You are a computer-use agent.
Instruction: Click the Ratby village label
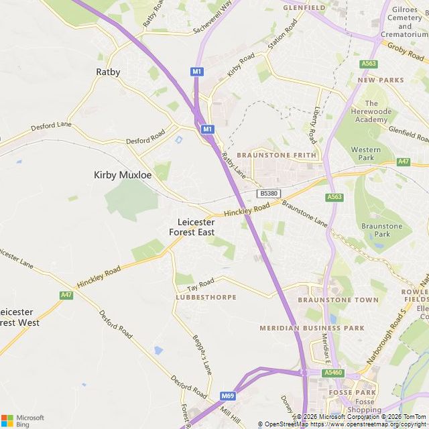(x=108, y=72)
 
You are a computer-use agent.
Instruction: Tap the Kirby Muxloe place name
(x=123, y=175)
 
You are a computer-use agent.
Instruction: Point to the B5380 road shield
(x=268, y=193)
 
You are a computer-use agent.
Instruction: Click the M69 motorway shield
(x=229, y=395)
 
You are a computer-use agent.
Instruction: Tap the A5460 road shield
(x=332, y=373)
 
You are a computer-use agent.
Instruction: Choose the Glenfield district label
(x=304, y=7)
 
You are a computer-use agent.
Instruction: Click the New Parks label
(x=381, y=80)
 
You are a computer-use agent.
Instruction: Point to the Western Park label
(x=366, y=154)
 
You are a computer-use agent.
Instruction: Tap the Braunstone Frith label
(x=276, y=155)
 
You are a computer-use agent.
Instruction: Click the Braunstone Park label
(x=381, y=230)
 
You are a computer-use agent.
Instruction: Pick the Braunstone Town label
(x=338, y=300)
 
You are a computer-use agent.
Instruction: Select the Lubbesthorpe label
(x=206, y=296)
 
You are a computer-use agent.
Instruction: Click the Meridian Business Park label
(x=312, y=328)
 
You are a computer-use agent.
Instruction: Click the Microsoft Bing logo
(x=23, y=420)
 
